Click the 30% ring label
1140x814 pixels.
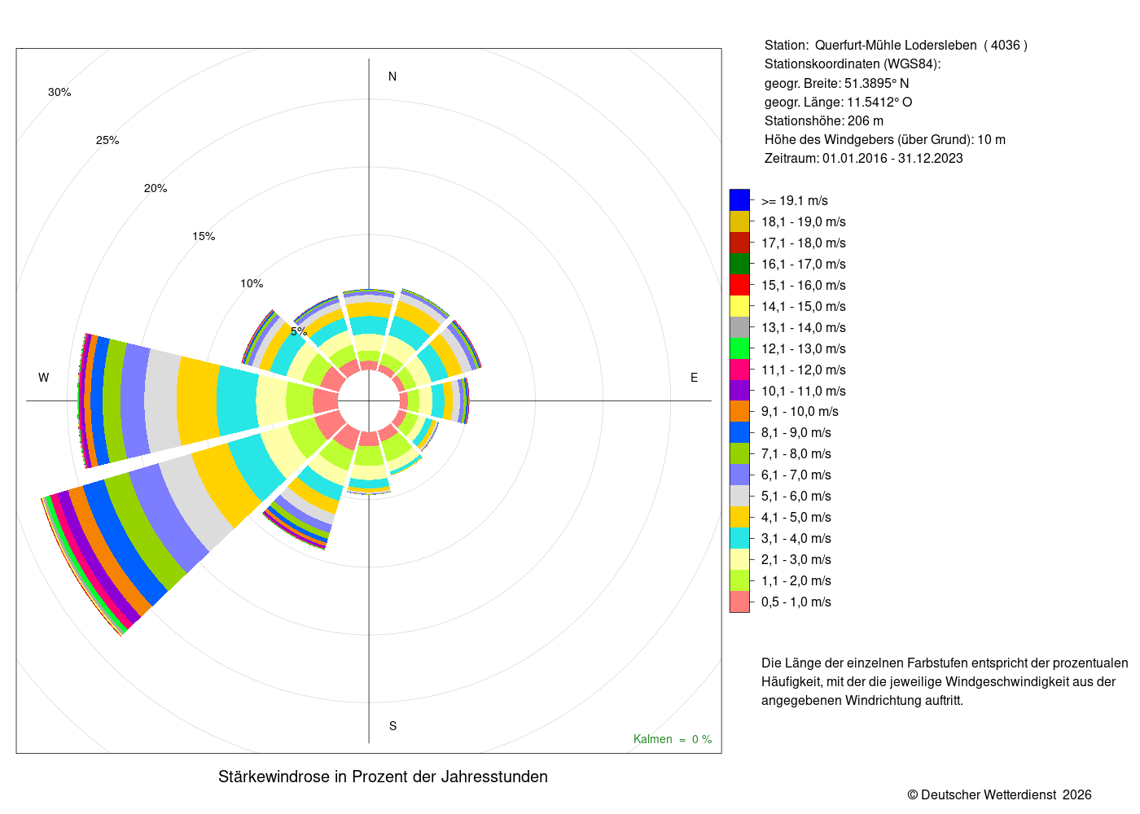[x=59, y=92]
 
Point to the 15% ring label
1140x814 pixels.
[x=204, y=236]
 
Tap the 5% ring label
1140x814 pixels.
[x=299, y=332]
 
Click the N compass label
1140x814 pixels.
[x=392, y=77]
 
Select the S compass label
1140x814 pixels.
[x=392, y=726]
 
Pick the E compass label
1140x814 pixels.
[x=694, y=378]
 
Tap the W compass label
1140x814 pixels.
[x=44, y=378]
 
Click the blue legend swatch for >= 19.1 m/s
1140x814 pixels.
[x=739, y=200]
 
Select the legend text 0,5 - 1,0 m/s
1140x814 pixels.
[x=796, y=602]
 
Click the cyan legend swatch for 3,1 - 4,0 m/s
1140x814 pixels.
[x=739, y=538]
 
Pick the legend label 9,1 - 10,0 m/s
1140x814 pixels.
[x=800, y=412]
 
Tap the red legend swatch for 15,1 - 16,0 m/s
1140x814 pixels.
[x=739, y=285]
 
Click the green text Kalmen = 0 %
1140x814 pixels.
[x=673, y=739]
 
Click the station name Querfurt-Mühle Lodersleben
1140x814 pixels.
[x=896, y=46]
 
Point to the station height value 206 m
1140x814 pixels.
[x=865, y=121]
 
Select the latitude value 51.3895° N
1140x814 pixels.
[x=876, y=83]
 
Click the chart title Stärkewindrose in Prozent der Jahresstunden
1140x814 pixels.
[x=383, y=777]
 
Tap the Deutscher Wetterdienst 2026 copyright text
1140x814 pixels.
[x=999, y=795]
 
